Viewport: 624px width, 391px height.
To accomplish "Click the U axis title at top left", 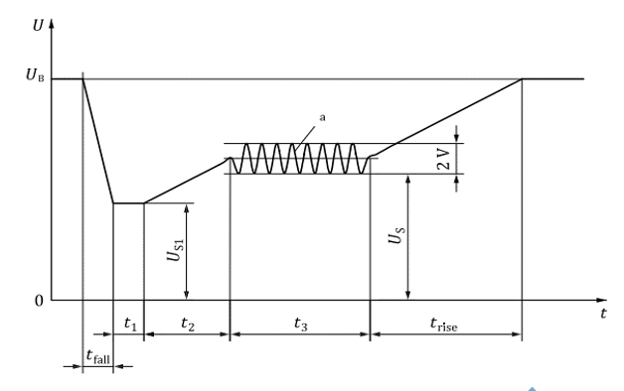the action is click(38, 26).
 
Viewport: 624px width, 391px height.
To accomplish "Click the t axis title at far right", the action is click(604, 314).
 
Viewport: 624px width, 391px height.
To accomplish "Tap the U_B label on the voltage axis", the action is click(35, 74).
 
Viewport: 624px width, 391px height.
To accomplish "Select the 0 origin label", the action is click(39, 301).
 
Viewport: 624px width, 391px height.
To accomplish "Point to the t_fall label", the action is click(98, 356).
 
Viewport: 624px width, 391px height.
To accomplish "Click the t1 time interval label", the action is click(130, 324).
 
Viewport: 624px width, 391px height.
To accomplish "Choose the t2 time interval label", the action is click(188, 324).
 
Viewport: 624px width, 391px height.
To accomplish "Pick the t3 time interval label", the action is click(300, 324).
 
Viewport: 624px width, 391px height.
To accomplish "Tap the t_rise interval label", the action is click(444, 324).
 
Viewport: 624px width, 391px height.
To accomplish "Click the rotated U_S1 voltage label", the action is click(175, 250).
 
